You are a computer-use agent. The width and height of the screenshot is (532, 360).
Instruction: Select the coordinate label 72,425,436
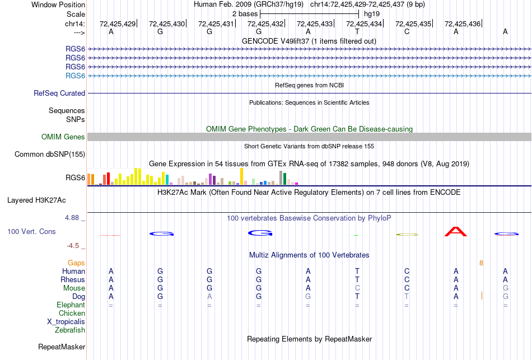coord(463,24)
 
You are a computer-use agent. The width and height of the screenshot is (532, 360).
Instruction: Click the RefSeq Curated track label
coord(59,93)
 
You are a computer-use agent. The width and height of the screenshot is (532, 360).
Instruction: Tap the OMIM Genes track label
coord(63,137)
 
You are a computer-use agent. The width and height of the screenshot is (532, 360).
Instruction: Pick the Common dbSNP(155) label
coord(50,155)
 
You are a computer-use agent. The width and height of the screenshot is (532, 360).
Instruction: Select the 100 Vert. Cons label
coord(31,231)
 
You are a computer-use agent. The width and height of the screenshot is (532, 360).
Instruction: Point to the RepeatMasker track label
coord(62,347)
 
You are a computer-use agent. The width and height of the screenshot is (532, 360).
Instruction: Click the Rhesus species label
coord(73,279)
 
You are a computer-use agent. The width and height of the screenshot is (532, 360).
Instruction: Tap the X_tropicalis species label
coord(66,322)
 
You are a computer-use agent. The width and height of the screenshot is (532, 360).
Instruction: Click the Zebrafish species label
coord(70,330)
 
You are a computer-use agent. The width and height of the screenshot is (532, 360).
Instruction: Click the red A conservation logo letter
coord(455,231)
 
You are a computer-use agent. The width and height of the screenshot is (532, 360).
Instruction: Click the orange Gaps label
coord(76,263)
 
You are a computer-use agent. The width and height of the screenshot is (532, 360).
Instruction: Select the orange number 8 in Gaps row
coord(481,263)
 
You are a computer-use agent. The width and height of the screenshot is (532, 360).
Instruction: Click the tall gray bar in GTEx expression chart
coord(281,177)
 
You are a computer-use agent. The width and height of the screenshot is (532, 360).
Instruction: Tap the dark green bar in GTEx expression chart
coord(284,179)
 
